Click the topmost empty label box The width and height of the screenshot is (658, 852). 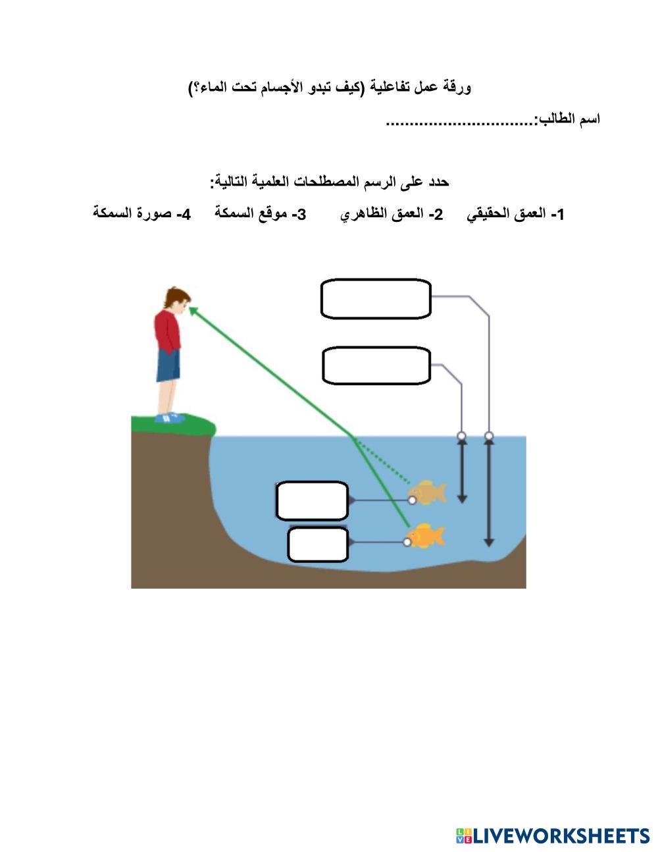pos(376,299)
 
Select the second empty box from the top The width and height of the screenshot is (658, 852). pos(376,365)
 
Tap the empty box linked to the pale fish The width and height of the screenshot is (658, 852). pos(312,501)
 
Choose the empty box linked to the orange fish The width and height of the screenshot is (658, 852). pos(318,545)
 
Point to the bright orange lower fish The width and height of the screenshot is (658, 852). pos(426,536)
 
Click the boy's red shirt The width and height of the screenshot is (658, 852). pos(168,331)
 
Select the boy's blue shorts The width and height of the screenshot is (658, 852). pos(168,365)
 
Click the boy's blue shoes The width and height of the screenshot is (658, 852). pos(170,417)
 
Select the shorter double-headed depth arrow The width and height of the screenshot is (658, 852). pos(462,471)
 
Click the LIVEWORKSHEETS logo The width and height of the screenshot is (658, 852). pos(553,836)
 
